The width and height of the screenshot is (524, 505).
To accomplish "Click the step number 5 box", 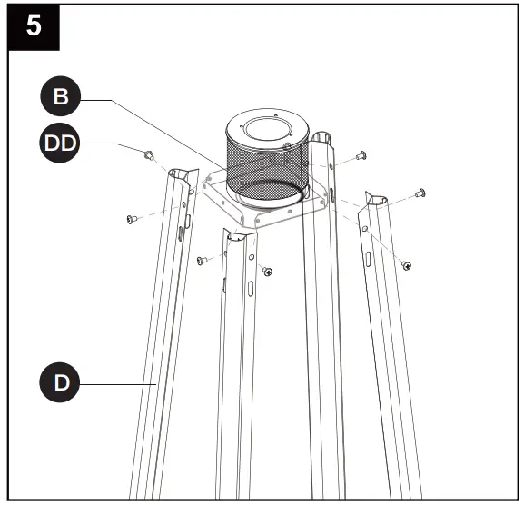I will (33, 25).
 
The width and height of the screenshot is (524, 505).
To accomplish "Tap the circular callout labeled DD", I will (60, 144).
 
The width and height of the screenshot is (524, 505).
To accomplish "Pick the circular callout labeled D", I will (60, 383).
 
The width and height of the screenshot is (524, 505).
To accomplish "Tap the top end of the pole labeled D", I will (181, 175).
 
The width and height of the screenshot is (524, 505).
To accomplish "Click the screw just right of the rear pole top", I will (361, 155).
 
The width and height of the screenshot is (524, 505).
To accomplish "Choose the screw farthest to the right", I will (420, 193).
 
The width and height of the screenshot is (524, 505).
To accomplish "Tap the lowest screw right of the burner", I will (406, 264).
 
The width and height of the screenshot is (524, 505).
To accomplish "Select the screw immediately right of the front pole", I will (267, 271).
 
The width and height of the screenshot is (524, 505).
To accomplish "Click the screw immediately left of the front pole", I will (201, 261).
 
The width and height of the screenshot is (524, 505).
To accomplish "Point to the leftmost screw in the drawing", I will (130, 218).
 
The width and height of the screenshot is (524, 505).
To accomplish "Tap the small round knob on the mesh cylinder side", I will (287, 145).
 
